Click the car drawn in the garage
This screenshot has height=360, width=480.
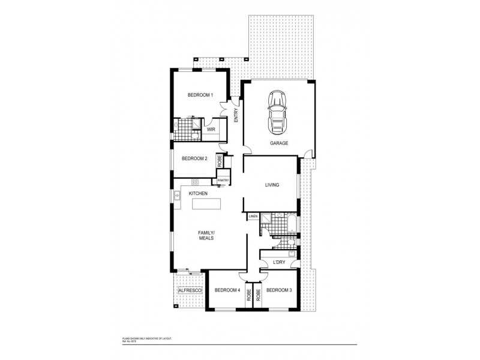point(277,113)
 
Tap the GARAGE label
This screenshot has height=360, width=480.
point(279,143)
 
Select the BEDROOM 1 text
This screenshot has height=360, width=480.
point(200,95)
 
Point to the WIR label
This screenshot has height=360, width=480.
point(211,129)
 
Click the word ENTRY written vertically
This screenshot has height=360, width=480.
point(236,114)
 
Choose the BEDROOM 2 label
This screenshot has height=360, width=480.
point(194,158)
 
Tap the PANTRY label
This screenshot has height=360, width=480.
point(223,180)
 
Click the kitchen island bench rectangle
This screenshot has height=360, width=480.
point(206,204)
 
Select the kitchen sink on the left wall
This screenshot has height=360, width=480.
point(178,195)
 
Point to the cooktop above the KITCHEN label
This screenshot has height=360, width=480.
point(194,181)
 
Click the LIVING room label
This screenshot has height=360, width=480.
point(272,185)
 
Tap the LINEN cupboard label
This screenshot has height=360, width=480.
point(253,216)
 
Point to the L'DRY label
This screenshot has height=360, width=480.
point(278,262)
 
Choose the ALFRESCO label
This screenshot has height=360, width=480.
point(190,290)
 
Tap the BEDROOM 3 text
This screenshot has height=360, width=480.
point(278,290)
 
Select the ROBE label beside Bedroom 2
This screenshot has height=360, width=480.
point(220,160)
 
